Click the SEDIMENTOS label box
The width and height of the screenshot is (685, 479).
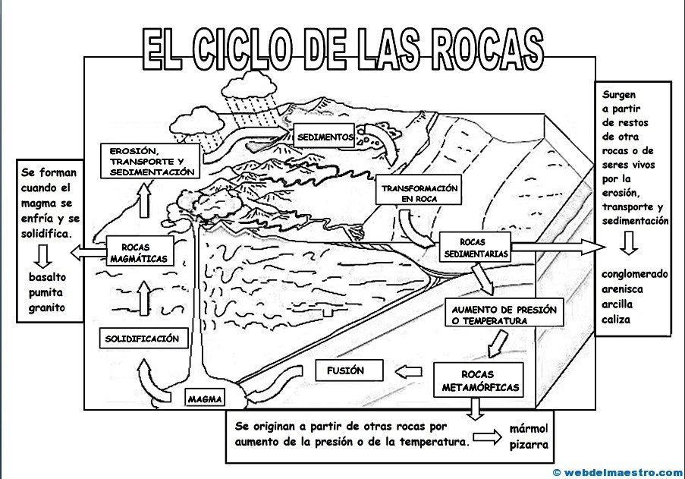point(325,137)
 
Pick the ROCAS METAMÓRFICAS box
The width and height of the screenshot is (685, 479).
point(480,381)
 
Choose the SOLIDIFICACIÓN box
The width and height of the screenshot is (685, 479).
point(143,339)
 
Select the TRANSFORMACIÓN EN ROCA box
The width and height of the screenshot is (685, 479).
point(419,193)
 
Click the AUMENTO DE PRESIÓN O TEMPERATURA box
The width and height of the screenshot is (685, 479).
point(504,315)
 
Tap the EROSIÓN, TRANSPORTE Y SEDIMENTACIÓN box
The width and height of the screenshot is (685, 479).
point(151,161)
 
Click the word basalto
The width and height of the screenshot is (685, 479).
point(47,277)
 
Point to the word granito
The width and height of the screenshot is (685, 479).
point(47,307)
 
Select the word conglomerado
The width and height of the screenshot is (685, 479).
point(635,274)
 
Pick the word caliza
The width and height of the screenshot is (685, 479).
point(617,320)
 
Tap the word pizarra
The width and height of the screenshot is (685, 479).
point(528,445)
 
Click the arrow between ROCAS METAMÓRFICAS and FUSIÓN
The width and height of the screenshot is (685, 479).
point(410,371)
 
